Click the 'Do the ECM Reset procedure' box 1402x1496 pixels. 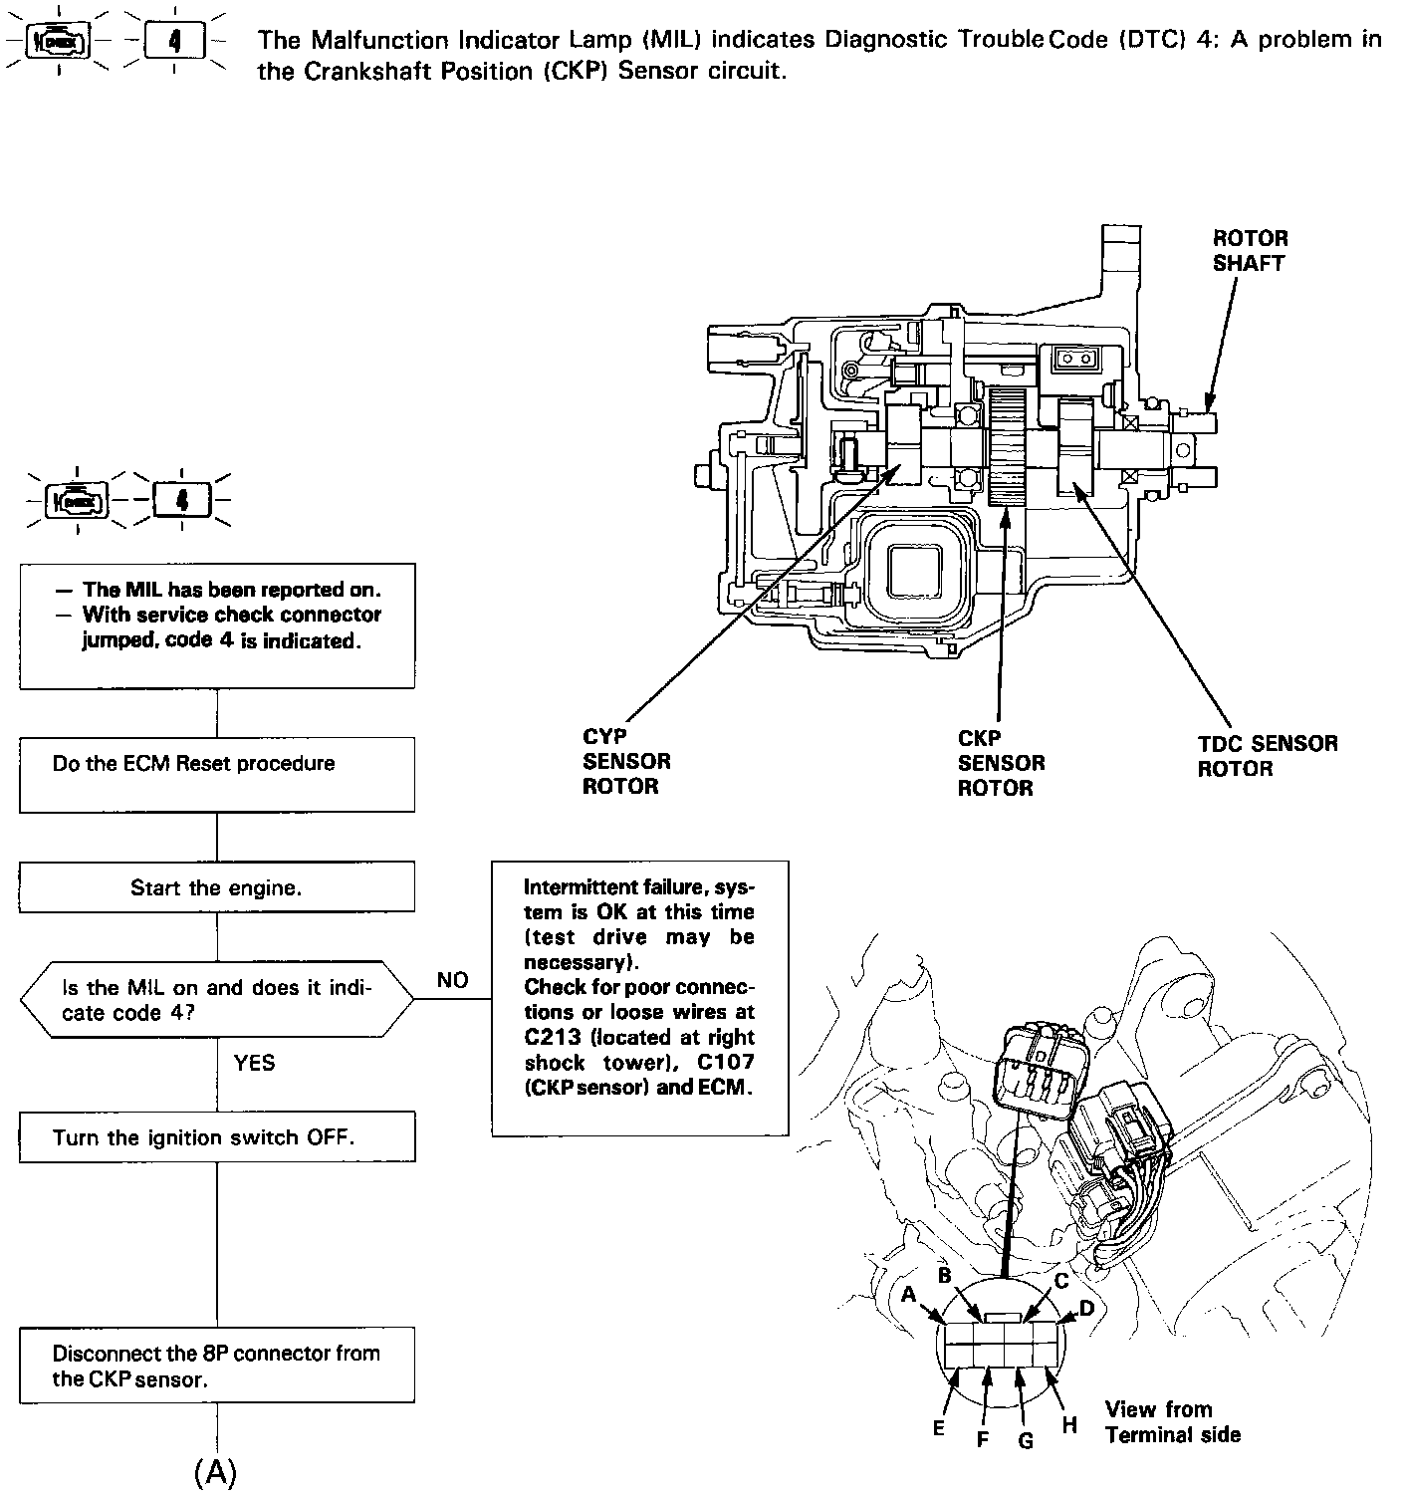click(216, 774)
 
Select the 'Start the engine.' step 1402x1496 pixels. click(216, 887)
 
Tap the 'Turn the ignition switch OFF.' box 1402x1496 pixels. click(216, 1137)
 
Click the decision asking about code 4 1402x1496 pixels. click(216, 999)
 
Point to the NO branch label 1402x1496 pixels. click(452, 980)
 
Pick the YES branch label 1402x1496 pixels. click(254, 1063)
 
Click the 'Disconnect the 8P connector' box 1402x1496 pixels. click(216, 1365)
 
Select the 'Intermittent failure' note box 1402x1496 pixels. click(639, 998)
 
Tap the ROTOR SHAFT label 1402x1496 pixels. click(1250, 250)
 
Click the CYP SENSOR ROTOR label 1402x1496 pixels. click(626, 762)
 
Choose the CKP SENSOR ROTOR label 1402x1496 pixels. click(1001, 763)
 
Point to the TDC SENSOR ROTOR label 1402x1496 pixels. click(1267, 756)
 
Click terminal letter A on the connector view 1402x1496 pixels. click(908, 1295)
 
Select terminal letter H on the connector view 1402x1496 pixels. click(1069, 1425)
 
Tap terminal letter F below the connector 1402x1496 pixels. click(982, 1438)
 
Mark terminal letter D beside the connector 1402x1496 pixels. click(1086, 1307)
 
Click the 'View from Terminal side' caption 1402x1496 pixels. click(1172, 1422)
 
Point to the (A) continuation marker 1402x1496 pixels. click(216, 1471)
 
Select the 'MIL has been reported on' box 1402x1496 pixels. click(216, 625)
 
